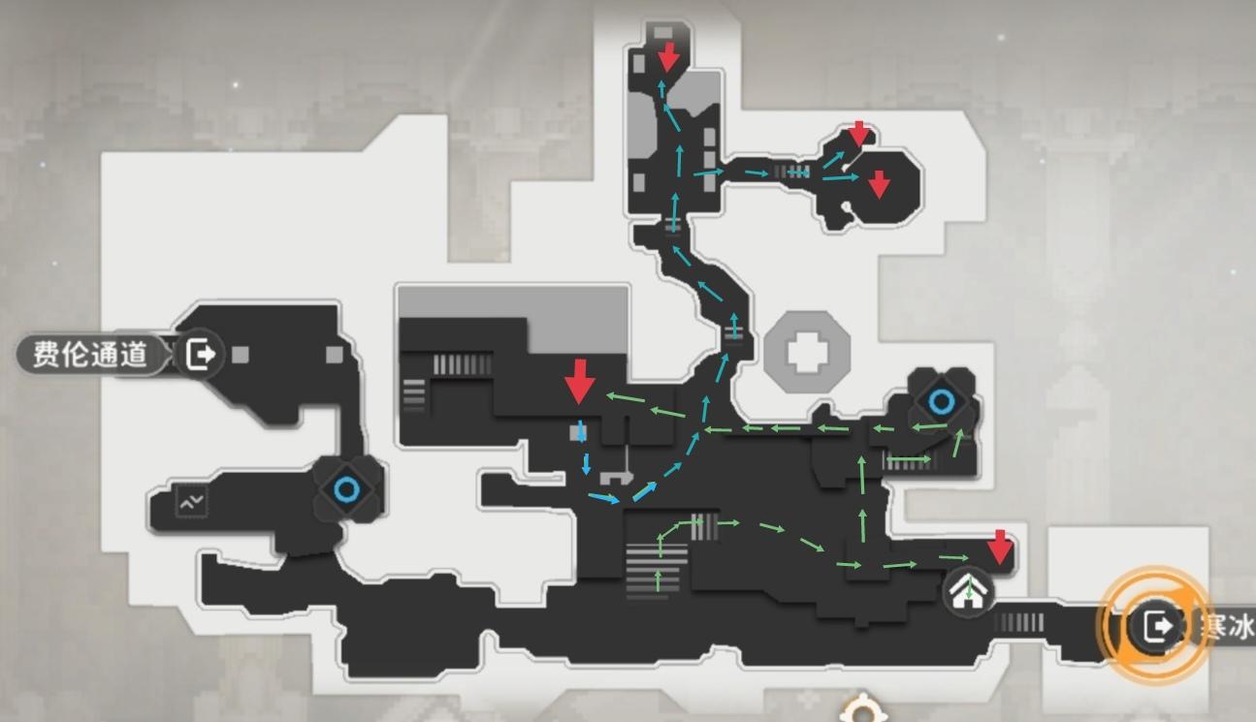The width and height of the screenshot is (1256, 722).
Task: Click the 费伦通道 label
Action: (x=90, y=355)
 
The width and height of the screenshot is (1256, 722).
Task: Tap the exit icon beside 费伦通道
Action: (x=200, y=354)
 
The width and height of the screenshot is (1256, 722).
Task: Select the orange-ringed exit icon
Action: (x=1157, y=626)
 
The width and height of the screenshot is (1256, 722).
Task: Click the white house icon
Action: (x=968, y=591)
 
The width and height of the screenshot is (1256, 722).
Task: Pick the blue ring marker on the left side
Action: (x=346, y=490)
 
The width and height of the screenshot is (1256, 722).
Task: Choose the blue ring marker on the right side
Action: (x=942, y=401)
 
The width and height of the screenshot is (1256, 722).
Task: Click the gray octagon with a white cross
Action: (x=807, y=353)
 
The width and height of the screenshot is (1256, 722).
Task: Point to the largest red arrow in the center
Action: (x=580, y=382)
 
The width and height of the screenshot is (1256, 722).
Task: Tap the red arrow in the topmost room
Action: (x=668, y=57)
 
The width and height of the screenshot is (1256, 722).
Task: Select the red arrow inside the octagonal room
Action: (x=879, y=185)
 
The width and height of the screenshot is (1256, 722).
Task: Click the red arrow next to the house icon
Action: (x=1000, y=548)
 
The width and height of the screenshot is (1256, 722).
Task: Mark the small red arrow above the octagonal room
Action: (x=859, y=134)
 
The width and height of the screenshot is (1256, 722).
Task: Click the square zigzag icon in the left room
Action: (x=192, y=501)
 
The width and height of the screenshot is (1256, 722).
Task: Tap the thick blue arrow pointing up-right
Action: (x=644, y=491)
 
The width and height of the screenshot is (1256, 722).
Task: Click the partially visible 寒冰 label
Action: (x=1226, y=626)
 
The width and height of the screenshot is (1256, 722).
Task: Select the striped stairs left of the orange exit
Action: (x=1019, y=622)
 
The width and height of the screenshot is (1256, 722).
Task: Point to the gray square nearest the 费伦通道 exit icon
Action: (x=241, y=355)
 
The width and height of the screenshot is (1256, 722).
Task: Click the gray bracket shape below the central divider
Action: (x=616, y=478)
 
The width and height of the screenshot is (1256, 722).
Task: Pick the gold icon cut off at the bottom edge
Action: (x=863, y=709)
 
